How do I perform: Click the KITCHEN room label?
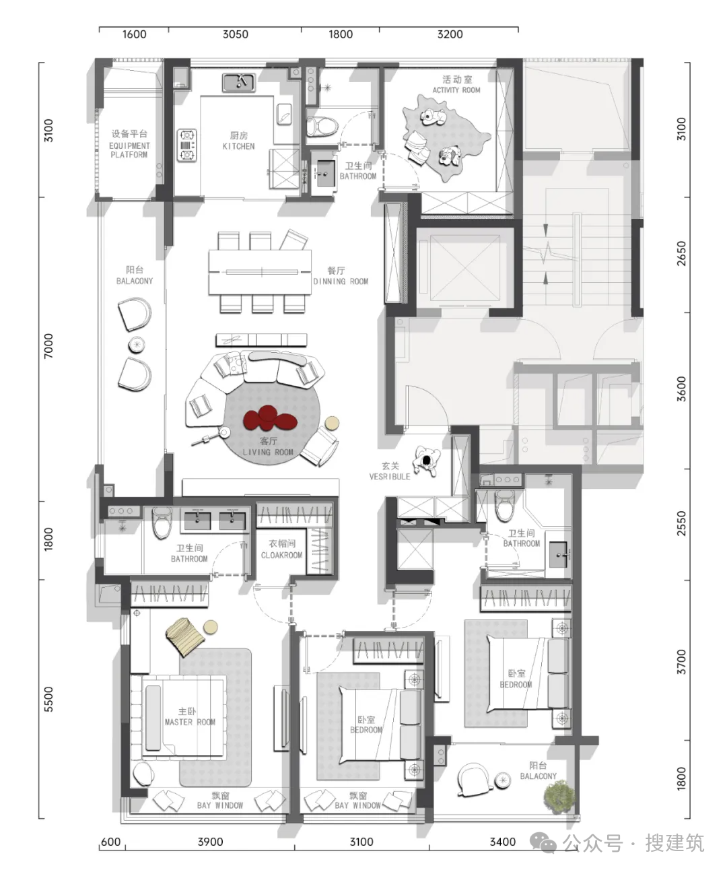(238, 146)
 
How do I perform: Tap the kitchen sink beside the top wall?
(238, 82)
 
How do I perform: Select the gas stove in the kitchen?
(186, 145)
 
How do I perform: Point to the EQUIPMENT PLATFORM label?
(129, 150)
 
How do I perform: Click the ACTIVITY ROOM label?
(456, 90)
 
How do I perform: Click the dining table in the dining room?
(260, 272)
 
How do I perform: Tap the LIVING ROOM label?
(268, 452)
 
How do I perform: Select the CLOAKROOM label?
(281, 555)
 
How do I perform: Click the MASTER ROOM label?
(190, 722)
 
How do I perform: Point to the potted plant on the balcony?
(559, 797)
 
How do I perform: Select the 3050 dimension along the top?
(235, 34)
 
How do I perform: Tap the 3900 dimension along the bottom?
(210, 842)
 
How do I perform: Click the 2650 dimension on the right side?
(681, 253)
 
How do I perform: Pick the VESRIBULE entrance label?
(390, 477)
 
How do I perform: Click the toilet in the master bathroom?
(162, 523)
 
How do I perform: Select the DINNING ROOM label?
(341, 281)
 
